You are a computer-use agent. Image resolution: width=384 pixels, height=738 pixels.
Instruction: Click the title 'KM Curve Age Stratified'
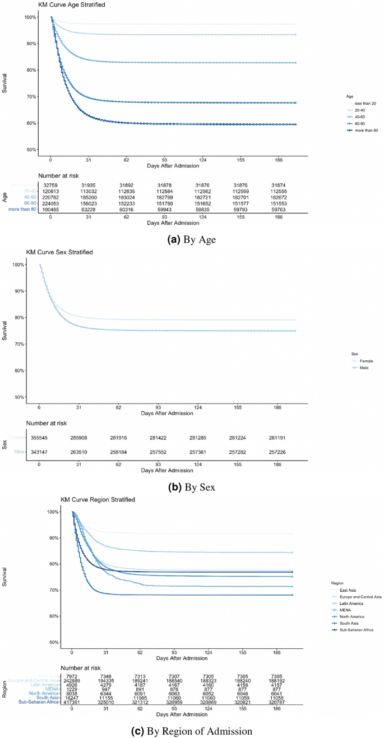coord(72,5)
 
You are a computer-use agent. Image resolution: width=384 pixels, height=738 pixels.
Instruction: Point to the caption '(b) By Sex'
coord(192,486)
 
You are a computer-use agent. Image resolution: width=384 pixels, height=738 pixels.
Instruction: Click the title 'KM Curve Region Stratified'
coord(99,499)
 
